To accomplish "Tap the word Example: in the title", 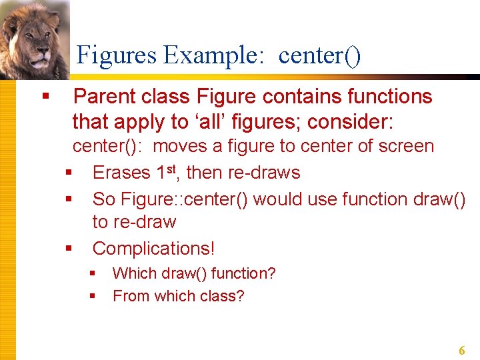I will [x=213, y=55].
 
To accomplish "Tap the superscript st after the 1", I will [x=175, y=169].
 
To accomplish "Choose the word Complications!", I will [x=153, y=249].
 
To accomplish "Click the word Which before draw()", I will [x=133, y=273].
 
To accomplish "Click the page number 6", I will [x=462, y=351].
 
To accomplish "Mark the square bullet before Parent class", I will [x=45, y=97].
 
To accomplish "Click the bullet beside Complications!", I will [x=68, y=249].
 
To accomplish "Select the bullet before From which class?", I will [x=93, y=296].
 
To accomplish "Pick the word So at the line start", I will [x=103, y=199].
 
